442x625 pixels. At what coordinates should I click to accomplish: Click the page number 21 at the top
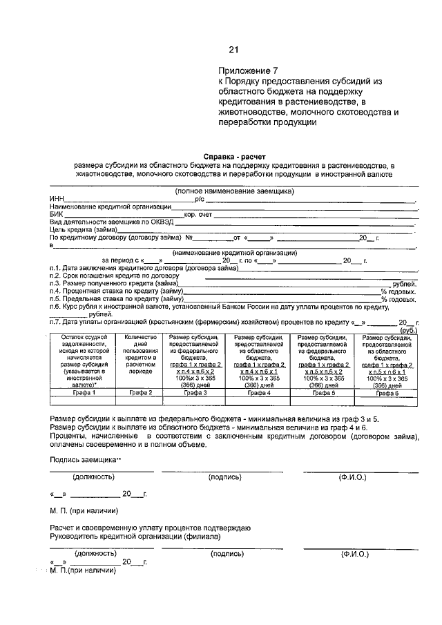(x=233, y=49)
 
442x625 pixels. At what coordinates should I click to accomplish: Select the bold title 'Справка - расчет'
(x=233, y=157)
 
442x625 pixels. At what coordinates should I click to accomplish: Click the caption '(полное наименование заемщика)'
(x=234, y=191)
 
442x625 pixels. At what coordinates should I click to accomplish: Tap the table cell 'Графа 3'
(x=193, y=392)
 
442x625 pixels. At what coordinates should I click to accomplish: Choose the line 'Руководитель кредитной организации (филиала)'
(x=135, y=536)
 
